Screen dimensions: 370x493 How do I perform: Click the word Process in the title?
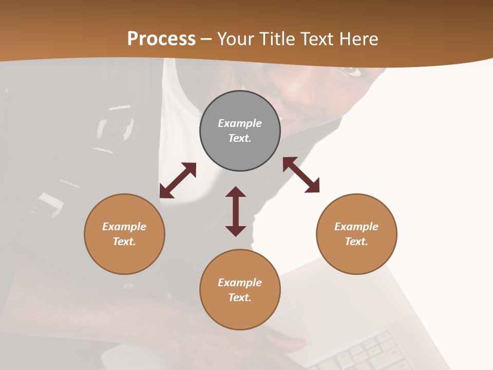point(161,39)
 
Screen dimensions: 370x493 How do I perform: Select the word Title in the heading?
point(280,39)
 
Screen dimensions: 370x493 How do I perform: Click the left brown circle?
point(124,234)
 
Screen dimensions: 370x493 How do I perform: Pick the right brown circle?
point(356,234)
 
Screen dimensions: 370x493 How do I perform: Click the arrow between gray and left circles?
point(178,180)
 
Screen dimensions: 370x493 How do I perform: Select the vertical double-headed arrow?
point(236,211)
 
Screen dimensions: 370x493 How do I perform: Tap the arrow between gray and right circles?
point(301,175)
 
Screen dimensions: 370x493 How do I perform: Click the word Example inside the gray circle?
point(240,123)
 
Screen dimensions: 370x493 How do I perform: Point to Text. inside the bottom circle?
point(240,298)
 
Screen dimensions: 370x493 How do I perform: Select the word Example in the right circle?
point(356,227)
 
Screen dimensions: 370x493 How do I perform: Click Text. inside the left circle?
point(124,242)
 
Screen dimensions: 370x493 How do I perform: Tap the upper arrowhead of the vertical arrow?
point(236,192)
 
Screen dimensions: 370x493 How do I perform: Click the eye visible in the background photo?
point(353,70)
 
